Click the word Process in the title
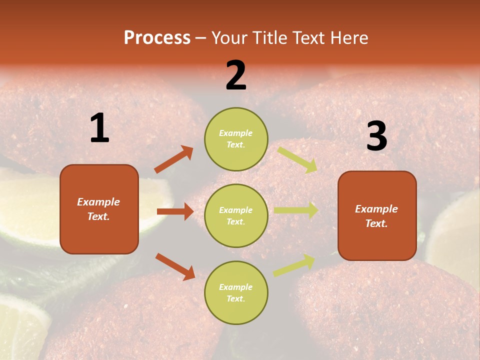click(157, 38)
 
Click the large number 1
click(99, 128)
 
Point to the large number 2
click(236, 75)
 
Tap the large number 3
click(376, 136)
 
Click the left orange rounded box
click(99, 209)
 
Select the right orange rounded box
click(377, 215)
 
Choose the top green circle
click(236, 139)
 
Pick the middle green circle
click(236, 215)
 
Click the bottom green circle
click(236, 292)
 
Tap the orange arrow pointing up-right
click(173, 159)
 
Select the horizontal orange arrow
click(175, 211)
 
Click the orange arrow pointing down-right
click(175, 266)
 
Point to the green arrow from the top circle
click(297, 159)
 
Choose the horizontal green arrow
click(296, 210)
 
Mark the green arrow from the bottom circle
click(294, 265)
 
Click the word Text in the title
click(310, 38)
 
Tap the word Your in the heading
click(229, 38)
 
